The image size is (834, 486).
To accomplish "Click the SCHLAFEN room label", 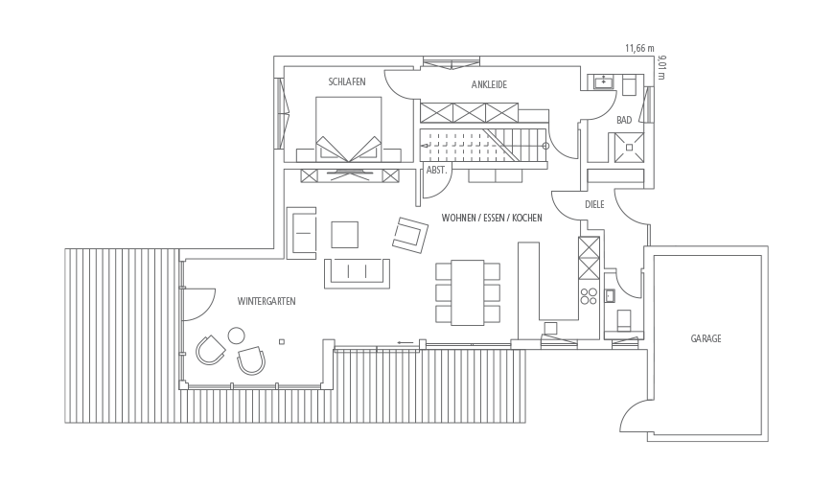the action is click(x=347, y=81).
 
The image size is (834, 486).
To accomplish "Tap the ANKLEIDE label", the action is click(x=489, y=84).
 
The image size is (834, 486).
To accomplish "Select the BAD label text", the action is click(x=624, y=120).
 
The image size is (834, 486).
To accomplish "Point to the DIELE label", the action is click(x=594, y=205).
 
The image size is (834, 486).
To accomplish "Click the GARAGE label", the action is click(x=706, y=338).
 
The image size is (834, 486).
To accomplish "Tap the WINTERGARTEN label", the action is click(x=266, y=302).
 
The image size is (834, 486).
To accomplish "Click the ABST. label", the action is click(x=436, y=171).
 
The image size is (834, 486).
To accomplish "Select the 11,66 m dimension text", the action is click(x=639, y=48).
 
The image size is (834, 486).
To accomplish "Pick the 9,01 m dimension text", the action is click(x=661, y=67).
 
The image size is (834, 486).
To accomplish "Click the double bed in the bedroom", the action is click(x=348, y=129).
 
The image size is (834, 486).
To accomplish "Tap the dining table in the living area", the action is click(x=468, y=292).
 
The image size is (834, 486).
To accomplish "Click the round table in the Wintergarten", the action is click(x=236, y=336).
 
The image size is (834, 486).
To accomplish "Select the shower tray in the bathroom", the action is click(x=629, y=148).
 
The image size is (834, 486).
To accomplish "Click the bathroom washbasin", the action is click(x=603, y=81).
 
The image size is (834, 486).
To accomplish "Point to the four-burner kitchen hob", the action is click(x=589, y=296).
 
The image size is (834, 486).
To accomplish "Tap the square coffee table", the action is click(x=345, y=235).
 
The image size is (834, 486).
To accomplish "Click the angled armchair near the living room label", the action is click(x=410, y=235).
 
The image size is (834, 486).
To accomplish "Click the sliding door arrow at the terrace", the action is click(x=405, y=342).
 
